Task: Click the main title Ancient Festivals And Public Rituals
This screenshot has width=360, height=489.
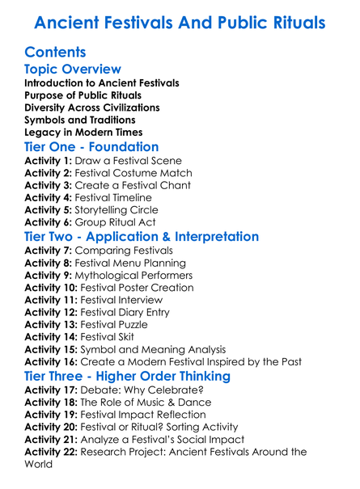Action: [180, 22]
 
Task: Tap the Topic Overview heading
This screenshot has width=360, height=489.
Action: [73, 70]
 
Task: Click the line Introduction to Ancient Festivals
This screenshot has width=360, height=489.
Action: [102, 83]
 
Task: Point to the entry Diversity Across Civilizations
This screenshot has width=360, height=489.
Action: [92, 107]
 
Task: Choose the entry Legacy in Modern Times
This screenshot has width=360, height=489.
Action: [83, 132]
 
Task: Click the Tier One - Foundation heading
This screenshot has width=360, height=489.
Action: [91, 147]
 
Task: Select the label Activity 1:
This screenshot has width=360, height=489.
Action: [49, 161]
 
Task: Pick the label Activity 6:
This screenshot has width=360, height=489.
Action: [49, 221]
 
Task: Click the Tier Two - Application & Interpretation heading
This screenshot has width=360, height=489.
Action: [142, 237]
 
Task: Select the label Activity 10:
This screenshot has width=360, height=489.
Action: [53, 287]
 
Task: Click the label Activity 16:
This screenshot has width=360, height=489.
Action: [53, 360]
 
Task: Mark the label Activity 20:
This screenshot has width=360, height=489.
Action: [53, 426]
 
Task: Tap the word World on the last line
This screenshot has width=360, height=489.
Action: [38, 464]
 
